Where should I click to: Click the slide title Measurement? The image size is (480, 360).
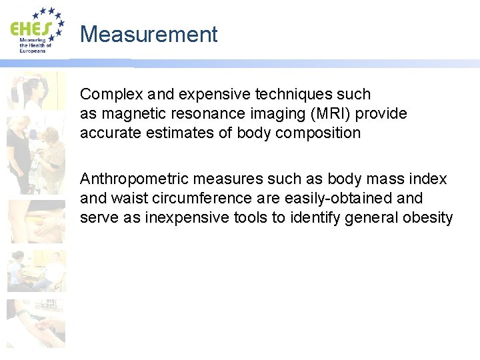(149, 34)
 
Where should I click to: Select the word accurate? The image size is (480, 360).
(107, 133)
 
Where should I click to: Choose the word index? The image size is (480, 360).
(431, 179)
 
